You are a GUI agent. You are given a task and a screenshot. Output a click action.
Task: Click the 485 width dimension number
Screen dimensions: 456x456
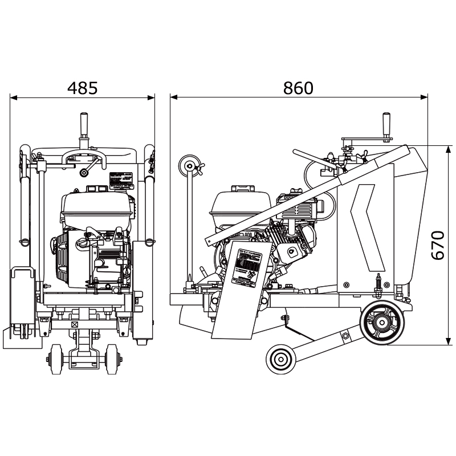(83, 88)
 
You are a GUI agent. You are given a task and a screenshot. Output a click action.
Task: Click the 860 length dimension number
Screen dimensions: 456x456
(298, 88)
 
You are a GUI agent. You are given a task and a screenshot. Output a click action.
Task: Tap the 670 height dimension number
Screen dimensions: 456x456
(437, 245)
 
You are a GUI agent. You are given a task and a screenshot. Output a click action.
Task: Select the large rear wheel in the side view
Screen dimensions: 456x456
(384, 322)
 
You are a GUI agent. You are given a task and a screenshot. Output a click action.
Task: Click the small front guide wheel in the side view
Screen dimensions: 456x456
(280, 359)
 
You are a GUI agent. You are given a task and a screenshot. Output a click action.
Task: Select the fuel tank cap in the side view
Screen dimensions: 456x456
(239, 189)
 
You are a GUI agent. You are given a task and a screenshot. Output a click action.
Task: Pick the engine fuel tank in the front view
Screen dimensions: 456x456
(97, 208)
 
